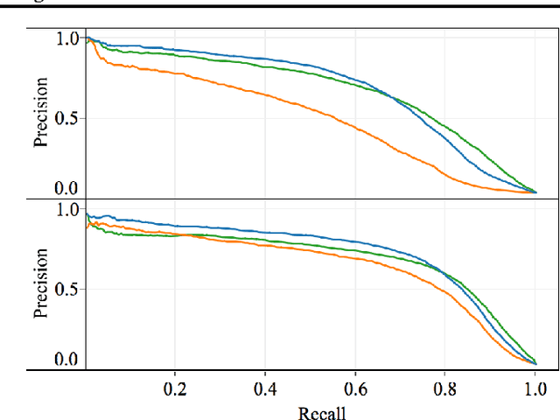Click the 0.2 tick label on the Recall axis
(175, 388)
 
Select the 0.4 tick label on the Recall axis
(265, 388)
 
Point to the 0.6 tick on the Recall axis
(355, 388)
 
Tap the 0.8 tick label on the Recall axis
(445, 388)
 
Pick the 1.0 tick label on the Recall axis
(535, 388)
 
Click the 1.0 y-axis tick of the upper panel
(66, 38)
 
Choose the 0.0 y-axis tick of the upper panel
(66, 188)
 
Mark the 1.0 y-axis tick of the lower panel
(66, 210)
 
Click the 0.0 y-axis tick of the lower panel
(66, 360)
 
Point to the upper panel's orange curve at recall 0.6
(355, 126)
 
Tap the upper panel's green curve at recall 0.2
(175, 54)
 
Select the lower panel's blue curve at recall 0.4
(265, 232)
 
